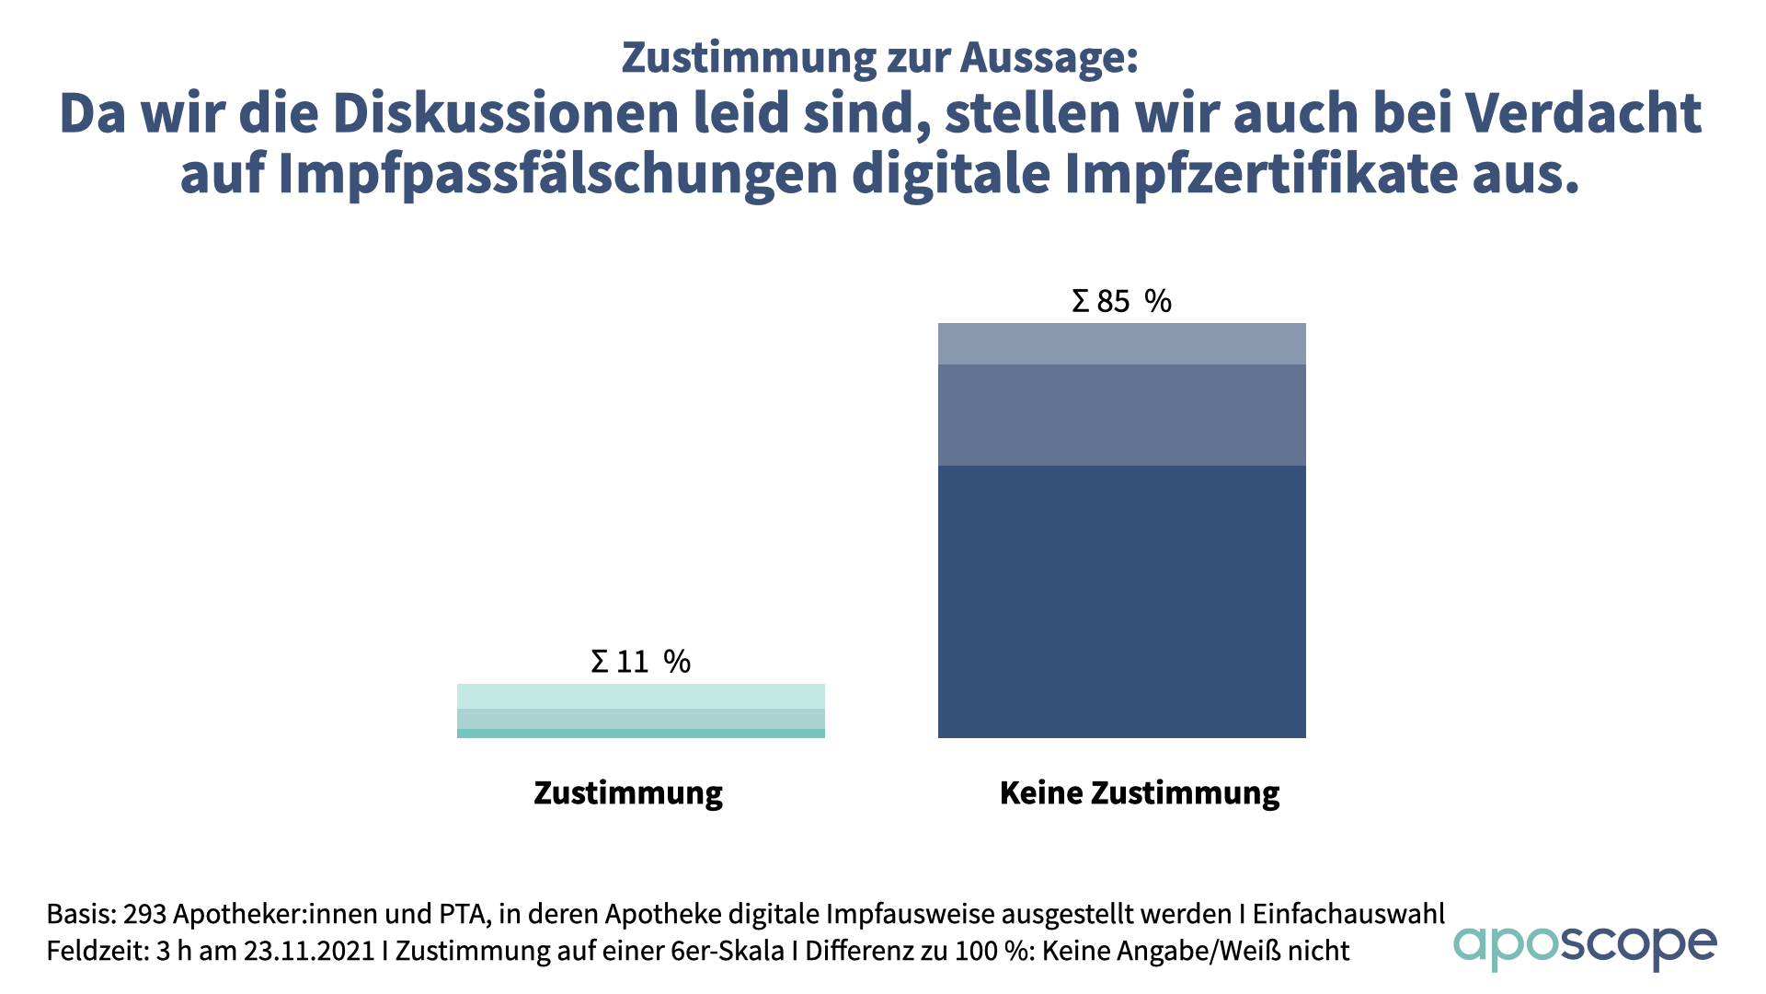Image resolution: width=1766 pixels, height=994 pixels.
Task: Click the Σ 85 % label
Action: pyautogui.click(x=1121, y=301)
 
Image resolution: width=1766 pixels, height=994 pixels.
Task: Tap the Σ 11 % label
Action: pyautogui.click(x=640, y=661)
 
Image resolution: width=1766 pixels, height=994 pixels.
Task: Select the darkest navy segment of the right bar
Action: pyautogui.click(x=1121, y=601)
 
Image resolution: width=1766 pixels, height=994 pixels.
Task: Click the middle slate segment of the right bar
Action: pyautogui.click(x=1121, y=414)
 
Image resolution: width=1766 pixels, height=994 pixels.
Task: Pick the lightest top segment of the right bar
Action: pyautogui.click(x=1121, y=343)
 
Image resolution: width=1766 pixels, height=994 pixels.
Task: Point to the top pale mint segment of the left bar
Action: pyautogui.click(x=640, y=696)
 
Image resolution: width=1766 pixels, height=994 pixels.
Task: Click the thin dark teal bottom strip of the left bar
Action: pyautogui.click(x=640, y=734)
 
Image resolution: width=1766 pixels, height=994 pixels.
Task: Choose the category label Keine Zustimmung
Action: pyautogui.click(x=1139, y=792)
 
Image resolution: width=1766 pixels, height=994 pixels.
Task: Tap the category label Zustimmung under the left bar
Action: pyautogui.click(x=628, y=792)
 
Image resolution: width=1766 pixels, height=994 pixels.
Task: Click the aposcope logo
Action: pyautogui.click(x=1584, y=946)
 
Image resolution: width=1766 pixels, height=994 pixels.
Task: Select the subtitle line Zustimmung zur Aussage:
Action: pyautogui.click(x=880, y=57)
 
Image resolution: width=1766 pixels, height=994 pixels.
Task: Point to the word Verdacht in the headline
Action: pyautogui.click(x=1583, y=114)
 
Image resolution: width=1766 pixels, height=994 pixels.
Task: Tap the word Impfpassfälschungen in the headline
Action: pyautogui.click(x=557, y=174)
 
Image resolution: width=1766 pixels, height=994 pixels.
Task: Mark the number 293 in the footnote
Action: pyautogui.click(x=144, y=914)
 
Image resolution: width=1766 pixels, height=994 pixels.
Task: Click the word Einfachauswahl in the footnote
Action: pyautogui.click(x=1348, y=914)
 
